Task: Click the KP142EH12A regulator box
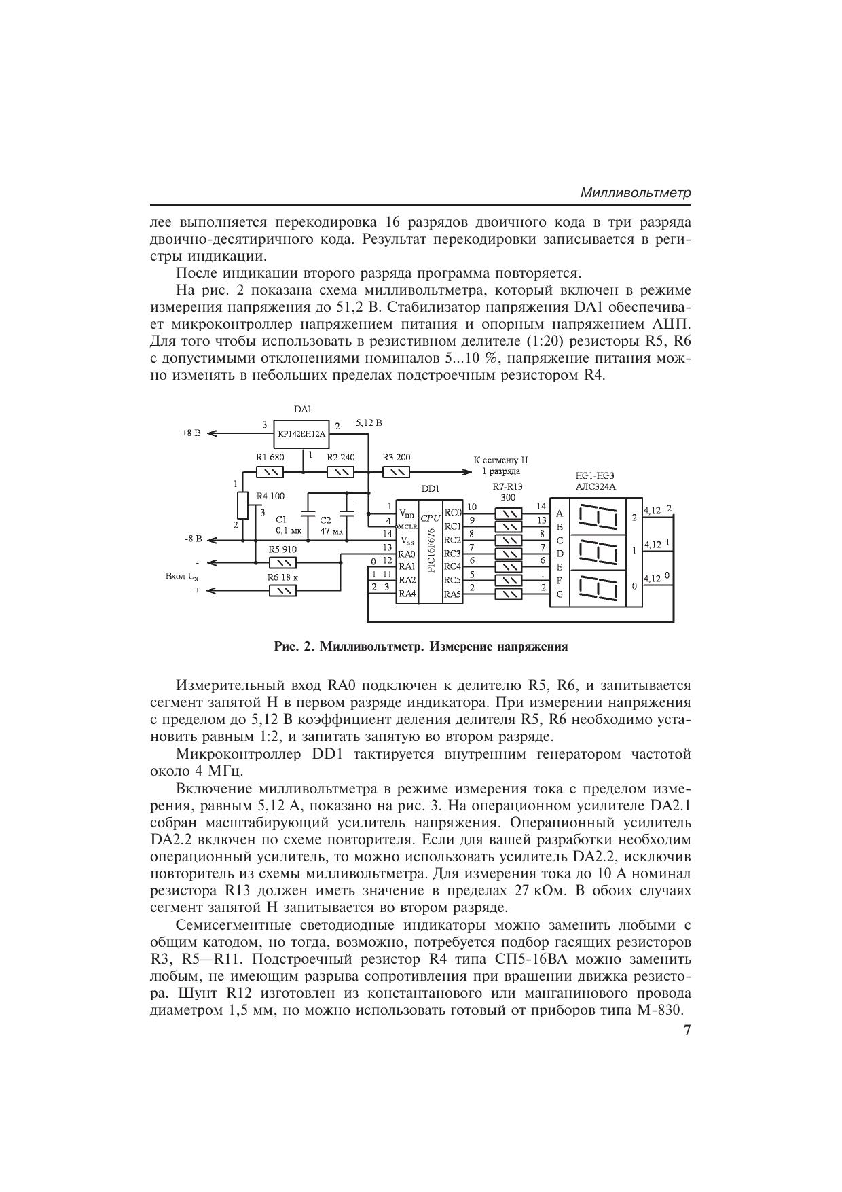pos(301,433)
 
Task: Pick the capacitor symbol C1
pos(308,516)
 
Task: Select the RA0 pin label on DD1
pos(407,554)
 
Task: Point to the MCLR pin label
pos(407,526)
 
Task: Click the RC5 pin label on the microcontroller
pos(452,580)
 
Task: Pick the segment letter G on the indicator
pos(560,594)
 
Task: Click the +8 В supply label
pos(191,433)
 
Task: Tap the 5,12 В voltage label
pos(369,423)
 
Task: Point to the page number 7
pos(687,1030)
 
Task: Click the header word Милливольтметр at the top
pos(636,193)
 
